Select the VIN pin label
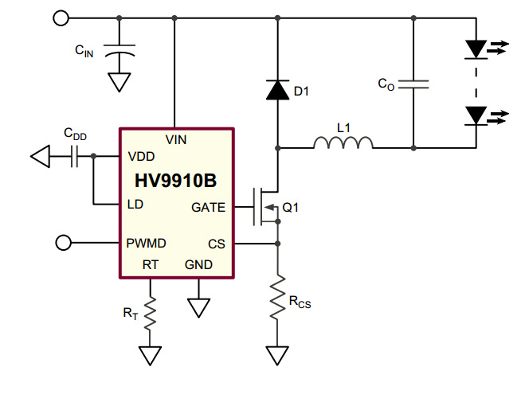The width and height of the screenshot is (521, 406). tap(176, 139)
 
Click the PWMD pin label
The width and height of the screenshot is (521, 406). tap(146, 243)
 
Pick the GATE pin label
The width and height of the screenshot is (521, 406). tap(208, 208)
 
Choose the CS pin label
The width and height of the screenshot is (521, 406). tap(217, 244)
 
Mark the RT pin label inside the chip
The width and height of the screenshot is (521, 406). tap(151, 264)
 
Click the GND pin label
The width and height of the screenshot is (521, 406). tap(198, 264)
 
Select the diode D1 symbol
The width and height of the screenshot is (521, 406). tap(277, 91)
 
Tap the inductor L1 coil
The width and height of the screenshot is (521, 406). tap(343, 143)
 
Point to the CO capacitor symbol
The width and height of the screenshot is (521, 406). tap(413, 84)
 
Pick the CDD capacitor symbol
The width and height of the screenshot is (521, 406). tap(75, 157)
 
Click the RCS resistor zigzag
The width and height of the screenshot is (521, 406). tap(277, 296)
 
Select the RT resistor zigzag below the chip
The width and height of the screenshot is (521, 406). tap(150, 313)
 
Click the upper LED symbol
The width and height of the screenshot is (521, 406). tap(476, 49)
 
